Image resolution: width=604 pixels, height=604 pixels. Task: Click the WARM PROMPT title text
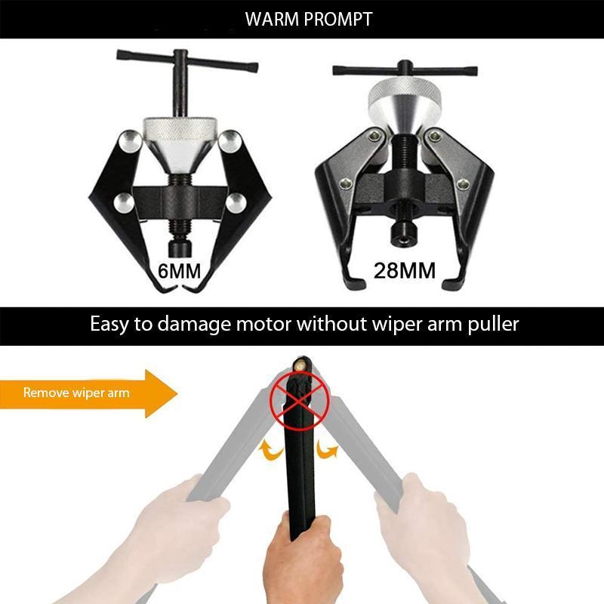(309, 19)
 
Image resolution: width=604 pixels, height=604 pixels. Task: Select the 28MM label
(405, 270)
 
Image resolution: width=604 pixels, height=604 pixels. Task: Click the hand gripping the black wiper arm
(302, 551)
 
